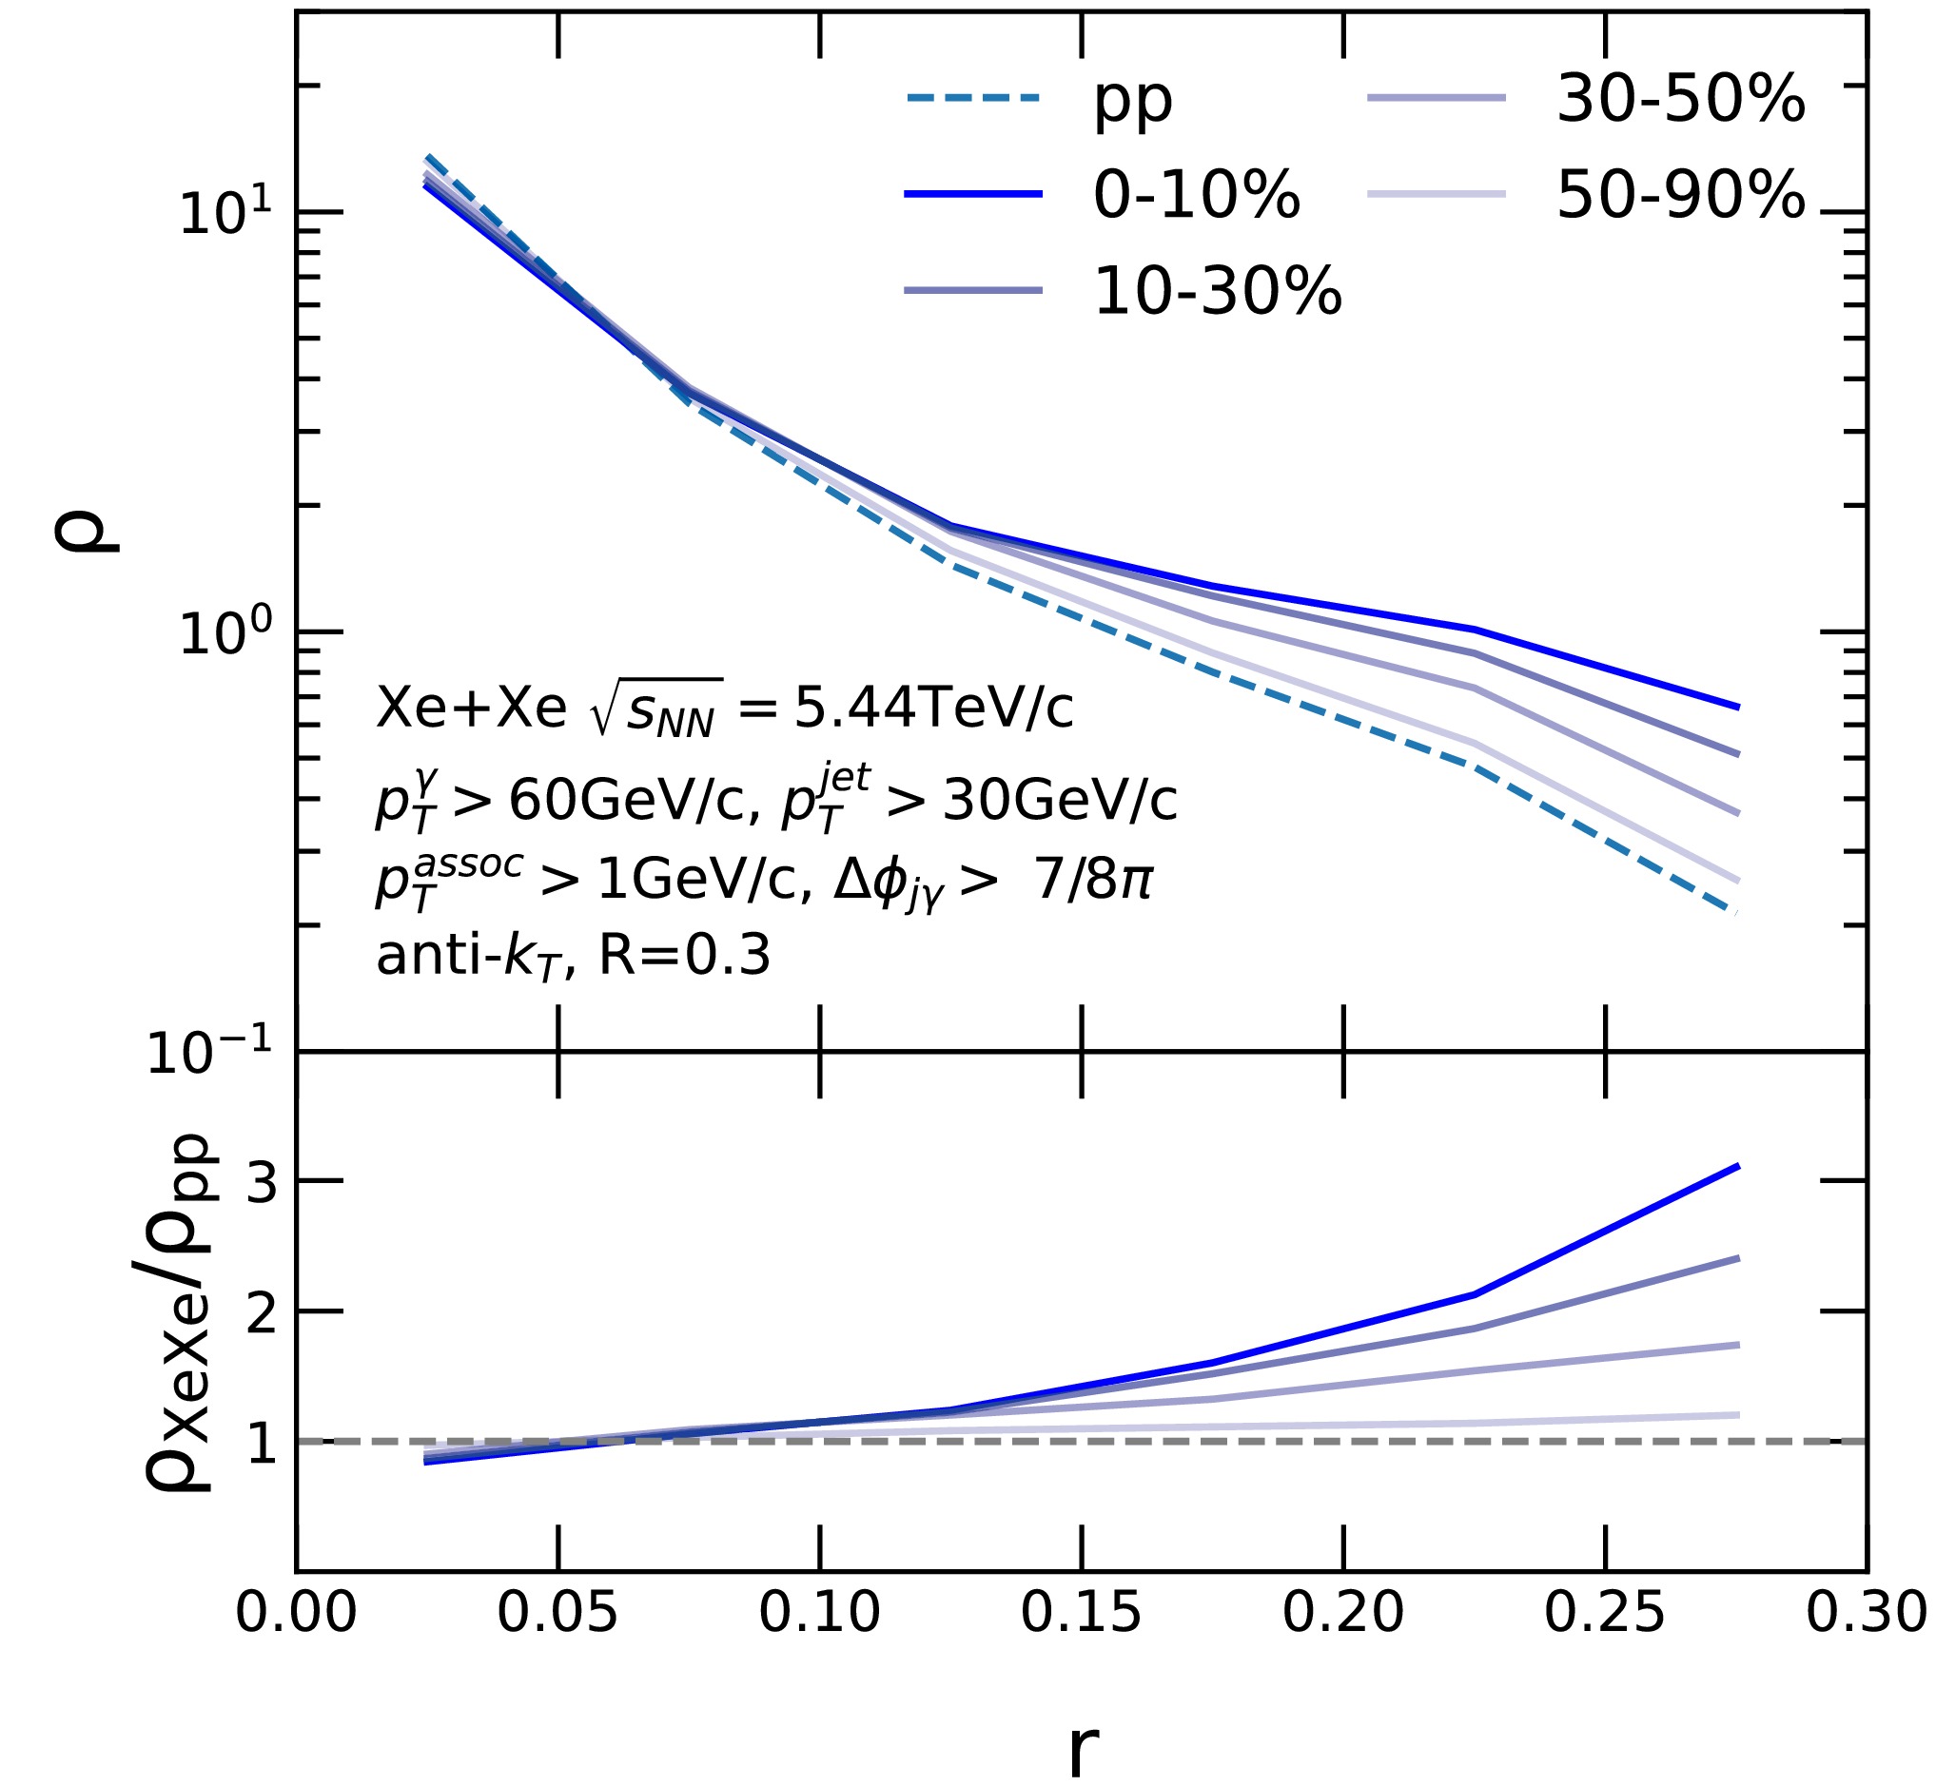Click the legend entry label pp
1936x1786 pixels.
pos(1132,101)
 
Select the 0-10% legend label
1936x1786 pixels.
pos(1196,195)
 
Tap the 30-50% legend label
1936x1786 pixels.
pos(1680,99)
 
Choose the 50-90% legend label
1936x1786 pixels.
pos(1680,195)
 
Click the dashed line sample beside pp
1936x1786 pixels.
pos(973,98)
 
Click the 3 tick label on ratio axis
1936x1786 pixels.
pos(262,1181)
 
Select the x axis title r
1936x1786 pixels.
pos(1083,1747)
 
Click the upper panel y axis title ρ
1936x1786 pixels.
pos(85,531)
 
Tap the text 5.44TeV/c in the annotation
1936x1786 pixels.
pos(932,709)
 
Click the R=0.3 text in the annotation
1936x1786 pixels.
pos(684,956)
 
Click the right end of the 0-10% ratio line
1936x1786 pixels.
pos(1737,1168)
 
